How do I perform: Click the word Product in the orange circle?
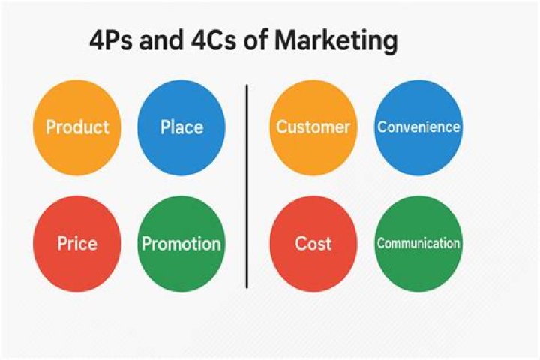point(77,127)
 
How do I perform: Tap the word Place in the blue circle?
point(181,127)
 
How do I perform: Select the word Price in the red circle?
point(77,244)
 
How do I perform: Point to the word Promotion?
point(181,244)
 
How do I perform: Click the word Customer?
point(313,127)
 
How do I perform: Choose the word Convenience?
point(418,127)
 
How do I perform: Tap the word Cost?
point(313,244)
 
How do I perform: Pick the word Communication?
point(418,244)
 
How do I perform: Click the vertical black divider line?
point(247,187)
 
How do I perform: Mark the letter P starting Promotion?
point(146,244)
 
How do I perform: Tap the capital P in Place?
point(165,127)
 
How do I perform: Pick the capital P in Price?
point(62,244)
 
